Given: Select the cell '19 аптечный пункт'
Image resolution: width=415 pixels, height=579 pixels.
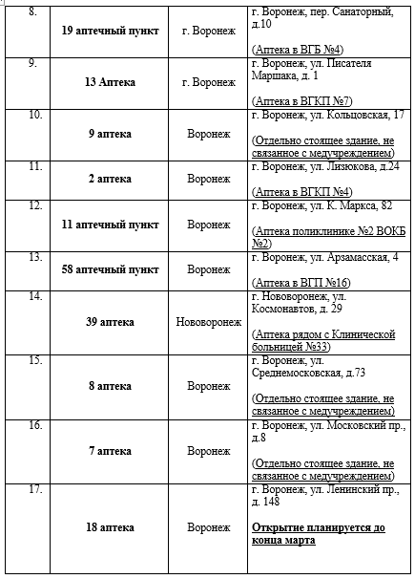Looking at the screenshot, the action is click(109, 30).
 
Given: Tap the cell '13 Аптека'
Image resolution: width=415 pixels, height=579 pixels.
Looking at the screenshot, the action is click(109, 82).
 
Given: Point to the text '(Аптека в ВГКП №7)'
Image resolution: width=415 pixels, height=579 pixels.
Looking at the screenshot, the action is click(296, 100).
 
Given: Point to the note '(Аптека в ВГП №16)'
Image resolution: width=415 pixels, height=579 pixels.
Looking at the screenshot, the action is click(298, 284).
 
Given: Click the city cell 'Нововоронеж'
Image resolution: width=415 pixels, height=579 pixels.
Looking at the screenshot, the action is click(208, 322).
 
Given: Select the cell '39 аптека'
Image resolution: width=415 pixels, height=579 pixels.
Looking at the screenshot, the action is click(109, 322).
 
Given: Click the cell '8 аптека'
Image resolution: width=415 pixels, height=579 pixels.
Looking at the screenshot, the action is click(109, 386).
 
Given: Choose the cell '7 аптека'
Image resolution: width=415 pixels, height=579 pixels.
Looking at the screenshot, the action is click(109, 450).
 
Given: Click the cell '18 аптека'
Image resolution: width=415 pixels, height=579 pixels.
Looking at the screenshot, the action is click(109, 527).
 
